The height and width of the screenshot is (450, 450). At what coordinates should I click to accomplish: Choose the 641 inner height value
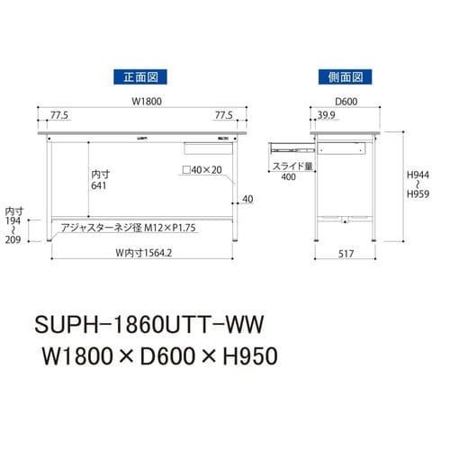(98, 186)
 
